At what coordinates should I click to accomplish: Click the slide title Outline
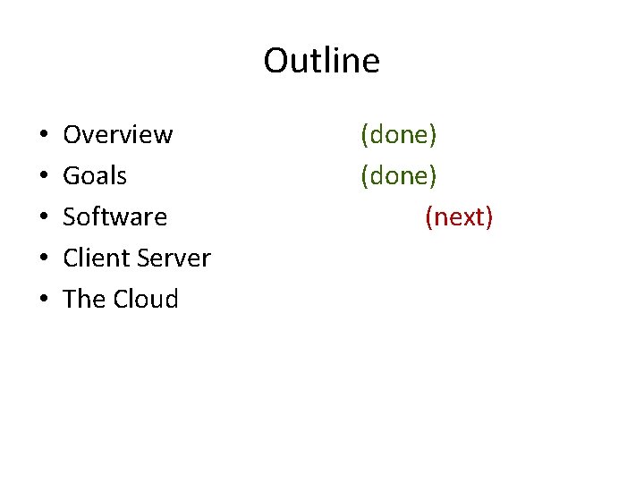coord(321,61)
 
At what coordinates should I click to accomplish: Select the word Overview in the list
coord(117,134)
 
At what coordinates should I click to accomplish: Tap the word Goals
coord(95,176)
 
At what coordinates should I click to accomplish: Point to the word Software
coord(114,217)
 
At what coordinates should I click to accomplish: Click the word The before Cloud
coord(84,299)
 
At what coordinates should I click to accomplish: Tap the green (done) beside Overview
coord(398,134)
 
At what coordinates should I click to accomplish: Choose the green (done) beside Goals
coord(398,176)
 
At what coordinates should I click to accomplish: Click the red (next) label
coord(459,217)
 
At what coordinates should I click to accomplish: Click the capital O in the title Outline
coord(275,61)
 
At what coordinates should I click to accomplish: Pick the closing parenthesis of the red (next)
coord(489,217)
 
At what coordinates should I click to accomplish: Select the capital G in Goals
coord(72,176)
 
